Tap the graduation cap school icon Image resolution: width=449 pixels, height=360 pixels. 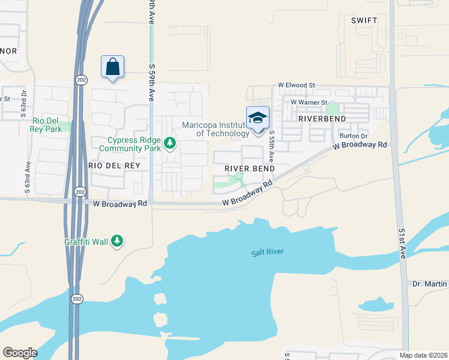(x=258, y=117)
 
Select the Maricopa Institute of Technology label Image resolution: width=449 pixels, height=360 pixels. (x=215, y=129)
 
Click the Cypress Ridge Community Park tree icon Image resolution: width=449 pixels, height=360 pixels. (x=170, y=143)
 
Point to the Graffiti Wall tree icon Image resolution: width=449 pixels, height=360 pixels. (x=117, y=241)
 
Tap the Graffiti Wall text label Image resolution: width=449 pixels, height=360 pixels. (x=86, y=242)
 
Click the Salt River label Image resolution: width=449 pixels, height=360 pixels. (x=267, y=252)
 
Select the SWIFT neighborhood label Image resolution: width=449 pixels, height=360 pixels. (x=364, y=20)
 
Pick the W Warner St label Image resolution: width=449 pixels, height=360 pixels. (x=309, y=102)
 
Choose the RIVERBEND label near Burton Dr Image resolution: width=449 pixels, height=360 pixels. (x=323, y=119)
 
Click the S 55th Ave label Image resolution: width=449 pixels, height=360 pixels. (x=271, y=146)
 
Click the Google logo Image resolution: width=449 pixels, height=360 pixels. (x=20, y=353)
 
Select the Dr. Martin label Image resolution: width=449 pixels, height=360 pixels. (x=430, y=283)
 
